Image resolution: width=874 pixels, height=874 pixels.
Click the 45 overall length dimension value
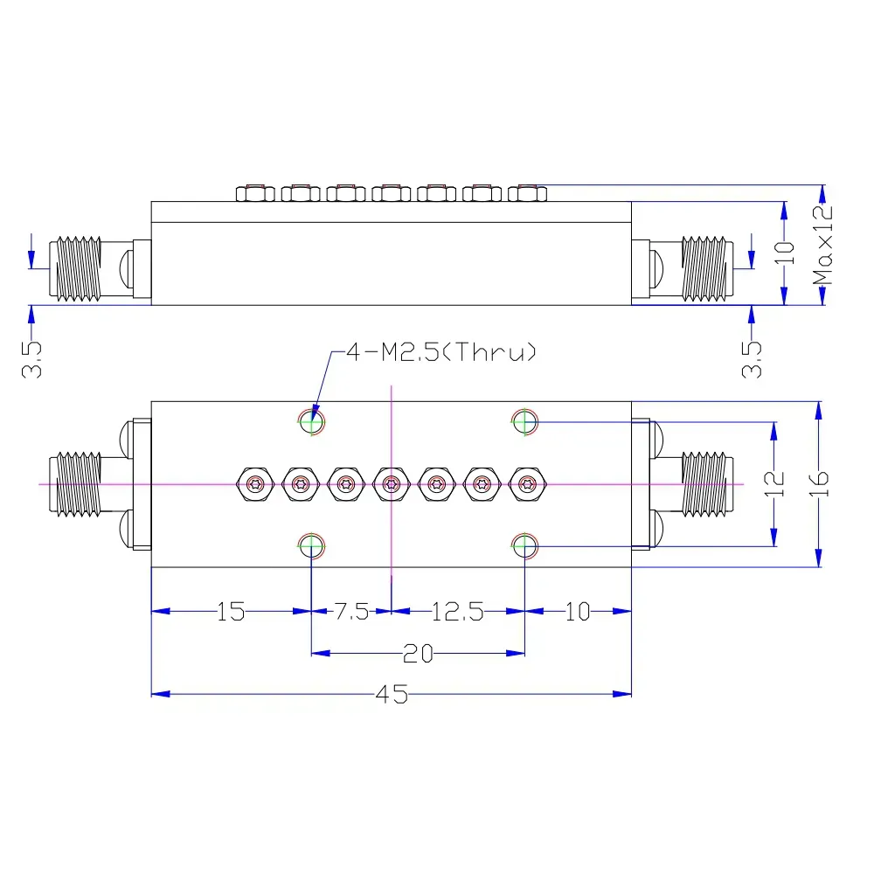coord(392,694)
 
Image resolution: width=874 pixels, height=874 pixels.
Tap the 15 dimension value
coord(232,612)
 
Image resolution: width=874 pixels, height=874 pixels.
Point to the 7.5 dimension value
coord(351,612)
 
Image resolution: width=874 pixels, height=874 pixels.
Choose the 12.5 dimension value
coord(457,612)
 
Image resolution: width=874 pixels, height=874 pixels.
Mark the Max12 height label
coord(822,246)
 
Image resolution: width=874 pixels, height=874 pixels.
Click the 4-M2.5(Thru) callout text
coord(440,353)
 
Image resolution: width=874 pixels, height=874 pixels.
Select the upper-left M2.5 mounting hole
coord(312,421)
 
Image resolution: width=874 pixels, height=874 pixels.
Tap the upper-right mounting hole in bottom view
coord(525,421)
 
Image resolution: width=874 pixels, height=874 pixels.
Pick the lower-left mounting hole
coord(312,546)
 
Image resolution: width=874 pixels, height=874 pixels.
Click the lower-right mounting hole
coord(525,546)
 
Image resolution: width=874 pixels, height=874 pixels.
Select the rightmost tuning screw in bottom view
coord(526,483)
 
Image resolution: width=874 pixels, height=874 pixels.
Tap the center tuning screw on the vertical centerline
coord(391,483)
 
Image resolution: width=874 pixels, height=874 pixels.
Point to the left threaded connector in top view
coord(79,268)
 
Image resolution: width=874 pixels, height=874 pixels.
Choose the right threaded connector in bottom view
coord(704,483)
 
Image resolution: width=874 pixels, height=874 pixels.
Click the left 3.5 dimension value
coord(32,358)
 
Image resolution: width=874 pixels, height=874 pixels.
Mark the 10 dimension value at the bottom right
coord(578,612)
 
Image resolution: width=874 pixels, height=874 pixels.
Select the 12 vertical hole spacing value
coord(773,483)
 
